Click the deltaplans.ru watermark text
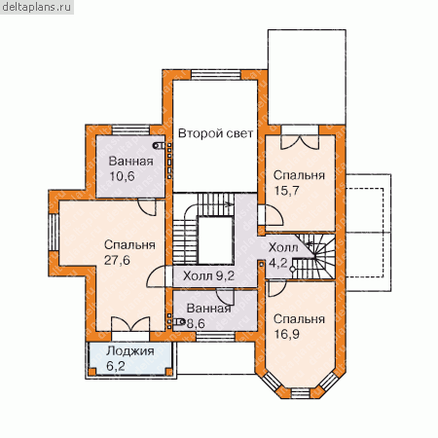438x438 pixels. (x=37, y=8)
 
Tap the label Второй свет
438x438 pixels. (x=215, y=133)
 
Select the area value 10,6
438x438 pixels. (x=122, y=176)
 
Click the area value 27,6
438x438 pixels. (x=117, y=260)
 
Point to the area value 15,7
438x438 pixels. (x=287, y=191)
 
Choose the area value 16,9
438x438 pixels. (x=287, y=334)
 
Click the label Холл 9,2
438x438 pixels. (x=208, y=275)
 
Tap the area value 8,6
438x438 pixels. (x=196, y=323)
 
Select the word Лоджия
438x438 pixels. (x=130, y=351)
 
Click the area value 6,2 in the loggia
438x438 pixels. (x=116, y=366)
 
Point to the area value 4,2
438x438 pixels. (x=278, y=263)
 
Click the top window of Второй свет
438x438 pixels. (x=216, y=75)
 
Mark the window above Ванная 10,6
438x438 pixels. (x=130, y=130)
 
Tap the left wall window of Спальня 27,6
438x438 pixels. (x=54, y=233)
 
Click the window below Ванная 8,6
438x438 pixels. (x=216, y=337)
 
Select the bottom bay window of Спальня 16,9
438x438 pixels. (x=301, y=392)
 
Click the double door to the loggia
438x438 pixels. (x=130, y=325)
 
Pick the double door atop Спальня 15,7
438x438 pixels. (x=300, y=142)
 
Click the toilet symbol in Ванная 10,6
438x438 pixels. (x=159, y=146)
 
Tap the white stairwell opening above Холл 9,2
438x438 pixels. (x=215, y=240)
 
